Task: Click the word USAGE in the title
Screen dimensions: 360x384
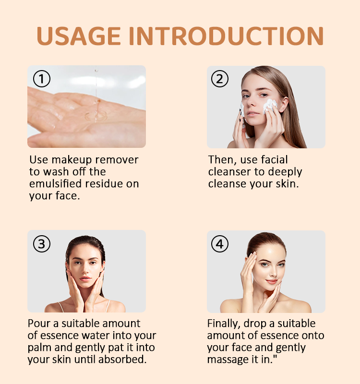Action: click(x=79, y=36)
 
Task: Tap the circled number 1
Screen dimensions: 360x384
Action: click(x=42, y=79)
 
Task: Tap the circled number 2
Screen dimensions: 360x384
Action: click(x=220, y=79)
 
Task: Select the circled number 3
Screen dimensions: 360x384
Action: click(x=42, y=244)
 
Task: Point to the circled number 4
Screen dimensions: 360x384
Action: click(x=220, y=244)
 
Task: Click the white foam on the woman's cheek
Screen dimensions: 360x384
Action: click(x=270, y=106)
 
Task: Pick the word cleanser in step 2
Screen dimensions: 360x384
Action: click(x=229, y=172)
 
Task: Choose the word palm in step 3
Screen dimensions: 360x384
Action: click(x=39, y=348)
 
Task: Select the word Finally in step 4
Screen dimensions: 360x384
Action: click(x=224, y=324)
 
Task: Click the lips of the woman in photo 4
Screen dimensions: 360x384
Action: click(x=272, y=282)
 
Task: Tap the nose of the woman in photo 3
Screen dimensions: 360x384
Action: click(x=85, y=271)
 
